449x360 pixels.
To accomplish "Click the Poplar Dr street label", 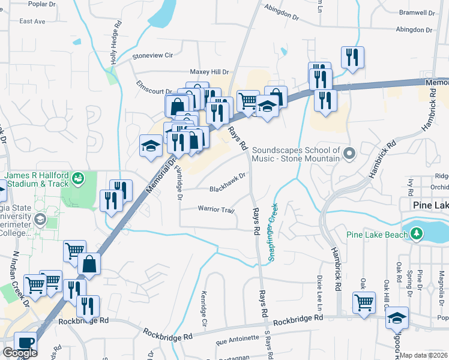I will tap(41, 4).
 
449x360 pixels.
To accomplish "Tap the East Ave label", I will tap(32, 21).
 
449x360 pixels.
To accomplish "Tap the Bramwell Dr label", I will tap(419, 13).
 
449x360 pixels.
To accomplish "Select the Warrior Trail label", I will tap(215, 209).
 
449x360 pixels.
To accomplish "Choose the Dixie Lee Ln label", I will tap(319, 287).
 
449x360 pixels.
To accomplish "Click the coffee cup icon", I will tap(25, 343).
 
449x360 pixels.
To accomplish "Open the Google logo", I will tap(20, 352).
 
